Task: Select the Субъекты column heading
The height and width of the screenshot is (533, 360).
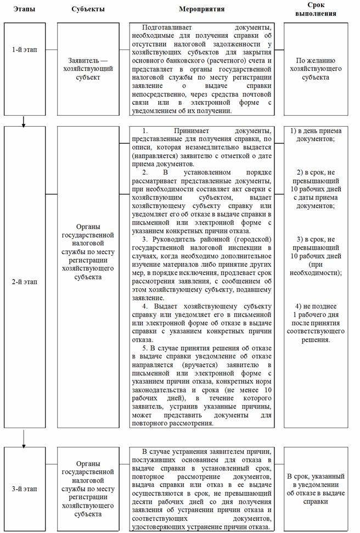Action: (x=88, y=10)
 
